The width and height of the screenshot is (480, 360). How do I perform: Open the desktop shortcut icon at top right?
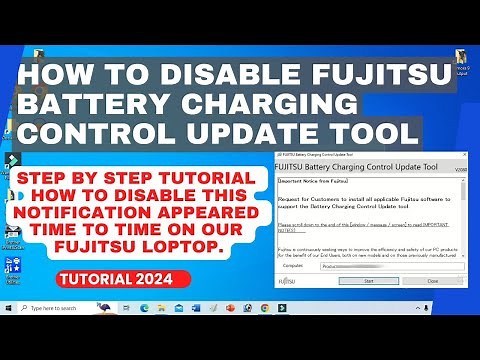(463, 60)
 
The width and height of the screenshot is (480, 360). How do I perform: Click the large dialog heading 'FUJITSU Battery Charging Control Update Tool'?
(367, 167)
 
